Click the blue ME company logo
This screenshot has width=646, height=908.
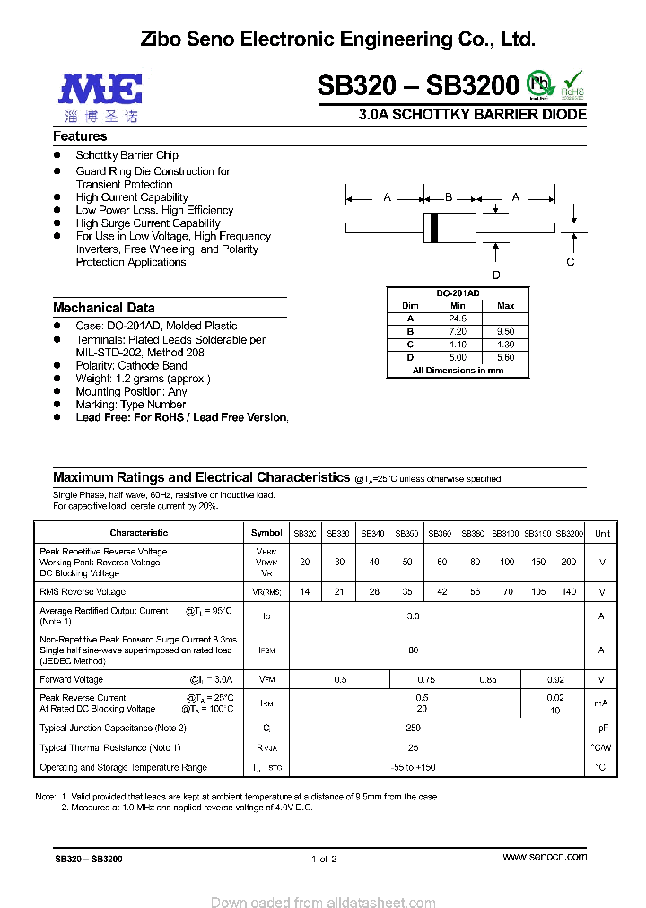(x=100, y=88)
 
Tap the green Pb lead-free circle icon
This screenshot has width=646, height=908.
(x=538, y=83)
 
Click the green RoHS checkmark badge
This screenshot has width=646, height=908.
(x=572, y=83)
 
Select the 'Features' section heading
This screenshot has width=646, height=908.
(x=80, y=136)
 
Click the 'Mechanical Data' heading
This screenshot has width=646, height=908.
(x=103, y=308)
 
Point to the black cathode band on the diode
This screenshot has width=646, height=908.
(x=435, y=227)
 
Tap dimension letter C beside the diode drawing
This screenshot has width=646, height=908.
(x=570, y=262)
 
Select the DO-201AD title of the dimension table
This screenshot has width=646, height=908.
(x=458, y=293)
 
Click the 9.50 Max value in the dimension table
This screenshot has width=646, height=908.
(x=506, y=332)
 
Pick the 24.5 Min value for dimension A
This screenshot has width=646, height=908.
(x=458, y=319)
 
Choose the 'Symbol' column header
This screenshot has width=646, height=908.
(x=266, y=533)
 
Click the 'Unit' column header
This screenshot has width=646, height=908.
(x=602, y=533)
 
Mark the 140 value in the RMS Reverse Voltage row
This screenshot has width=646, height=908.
(x=569, y=592)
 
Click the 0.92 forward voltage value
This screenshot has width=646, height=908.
(x=555, y=680)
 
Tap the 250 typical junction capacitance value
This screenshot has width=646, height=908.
(x=413, y=728)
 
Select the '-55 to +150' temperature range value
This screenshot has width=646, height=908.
(x=413, y=767)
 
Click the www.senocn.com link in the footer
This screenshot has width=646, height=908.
(x=545, y=857)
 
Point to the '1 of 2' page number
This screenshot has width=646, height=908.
(x=323, y=859)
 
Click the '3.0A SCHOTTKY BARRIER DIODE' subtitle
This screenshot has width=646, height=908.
(x=472, y=115)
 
